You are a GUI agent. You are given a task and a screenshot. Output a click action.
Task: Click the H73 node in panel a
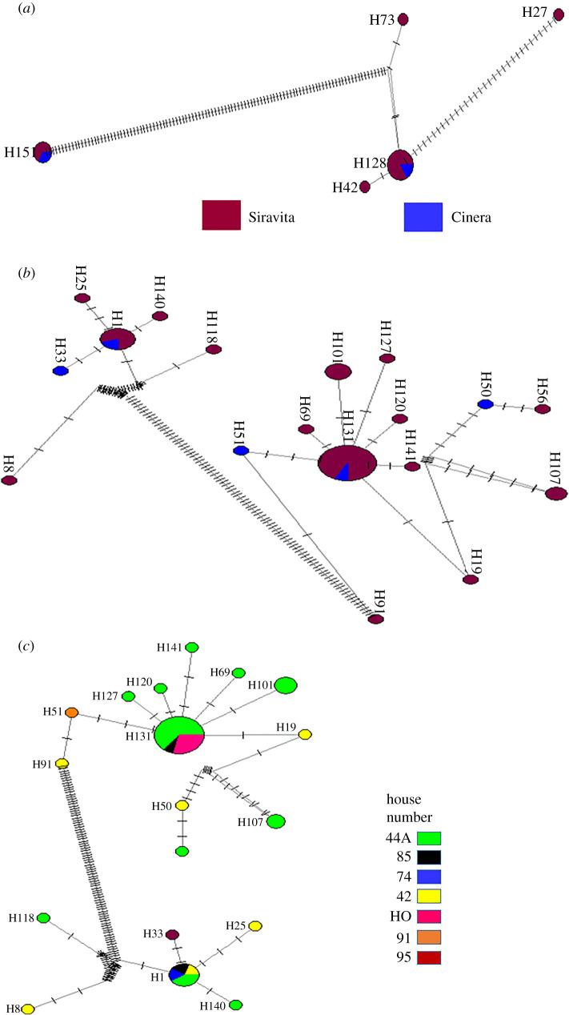403,19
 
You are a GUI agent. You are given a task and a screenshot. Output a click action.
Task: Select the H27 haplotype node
559,14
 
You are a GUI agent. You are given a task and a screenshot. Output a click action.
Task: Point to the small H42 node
365,187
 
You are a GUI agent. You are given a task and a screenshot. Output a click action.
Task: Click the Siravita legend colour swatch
222,216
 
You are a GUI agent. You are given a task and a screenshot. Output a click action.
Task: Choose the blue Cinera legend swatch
422,216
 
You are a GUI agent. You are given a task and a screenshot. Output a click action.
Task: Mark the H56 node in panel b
543,409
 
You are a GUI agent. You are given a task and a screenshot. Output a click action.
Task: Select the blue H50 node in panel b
485,404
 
